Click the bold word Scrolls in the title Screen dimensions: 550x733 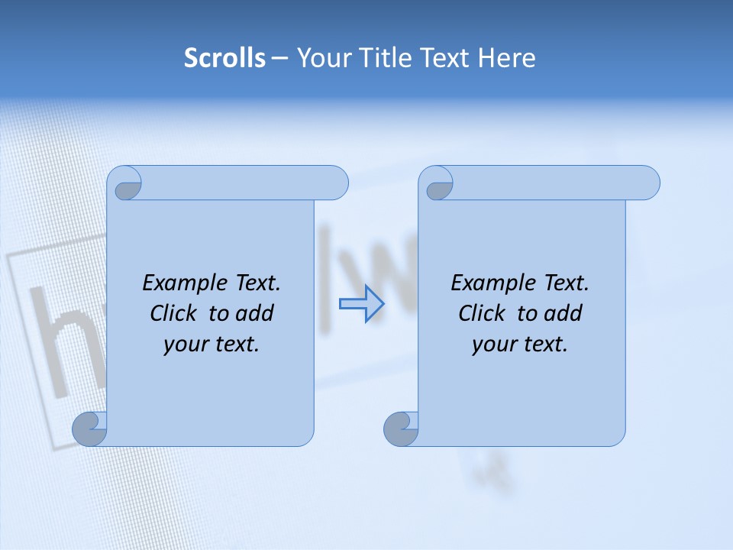pyautogui.click(x=225, y=58)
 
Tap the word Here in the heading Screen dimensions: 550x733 pyautogui.click(x=506, y=58)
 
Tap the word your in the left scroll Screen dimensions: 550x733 pyautogui.click(x=185, y=345)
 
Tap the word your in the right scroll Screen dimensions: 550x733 pyautogui.click(x=493, y=345)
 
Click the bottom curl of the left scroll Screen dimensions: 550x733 pyautogui.click(x=90, y=429)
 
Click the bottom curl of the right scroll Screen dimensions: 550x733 pyautogui.click(x=401, y=429)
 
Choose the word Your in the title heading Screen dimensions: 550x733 pyautogui.click(x=321, y=58)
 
